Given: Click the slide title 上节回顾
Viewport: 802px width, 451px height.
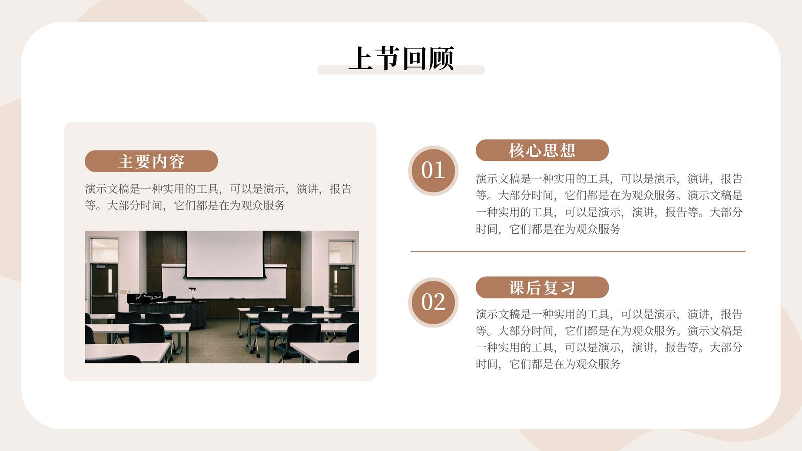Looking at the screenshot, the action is (401, 58).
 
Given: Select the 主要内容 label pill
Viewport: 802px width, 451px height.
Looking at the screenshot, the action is (151, 161).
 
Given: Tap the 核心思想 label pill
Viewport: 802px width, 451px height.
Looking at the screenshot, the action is (542, 150).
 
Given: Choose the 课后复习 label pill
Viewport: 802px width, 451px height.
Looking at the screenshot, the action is (542, 287).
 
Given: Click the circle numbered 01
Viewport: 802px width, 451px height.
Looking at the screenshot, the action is (433, 171).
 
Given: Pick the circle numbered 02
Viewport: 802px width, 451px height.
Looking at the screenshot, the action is (433, 303).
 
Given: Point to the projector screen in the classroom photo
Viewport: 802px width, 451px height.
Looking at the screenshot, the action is (225, 254).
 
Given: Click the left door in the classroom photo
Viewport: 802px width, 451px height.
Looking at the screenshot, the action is (104, 288).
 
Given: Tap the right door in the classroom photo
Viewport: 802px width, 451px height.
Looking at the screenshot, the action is (341, 286).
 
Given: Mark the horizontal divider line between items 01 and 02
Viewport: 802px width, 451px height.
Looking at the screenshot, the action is (578, 251).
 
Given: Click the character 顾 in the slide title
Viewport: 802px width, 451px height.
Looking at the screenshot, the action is (442, 58).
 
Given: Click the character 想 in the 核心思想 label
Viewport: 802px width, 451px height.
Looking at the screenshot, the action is (567, 151).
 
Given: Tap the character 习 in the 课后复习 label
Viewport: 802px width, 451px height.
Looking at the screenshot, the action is (567, 288).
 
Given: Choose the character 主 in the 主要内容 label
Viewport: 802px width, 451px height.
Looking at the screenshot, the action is (126, 161).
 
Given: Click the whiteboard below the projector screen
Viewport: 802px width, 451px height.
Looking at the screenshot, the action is (224, 282).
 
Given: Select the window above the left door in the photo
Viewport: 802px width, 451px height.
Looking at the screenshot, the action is (105, 250).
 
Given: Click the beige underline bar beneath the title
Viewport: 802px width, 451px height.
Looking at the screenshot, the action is (401, 70).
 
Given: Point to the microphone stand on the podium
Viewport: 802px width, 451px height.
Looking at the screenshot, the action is (193, 294).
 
